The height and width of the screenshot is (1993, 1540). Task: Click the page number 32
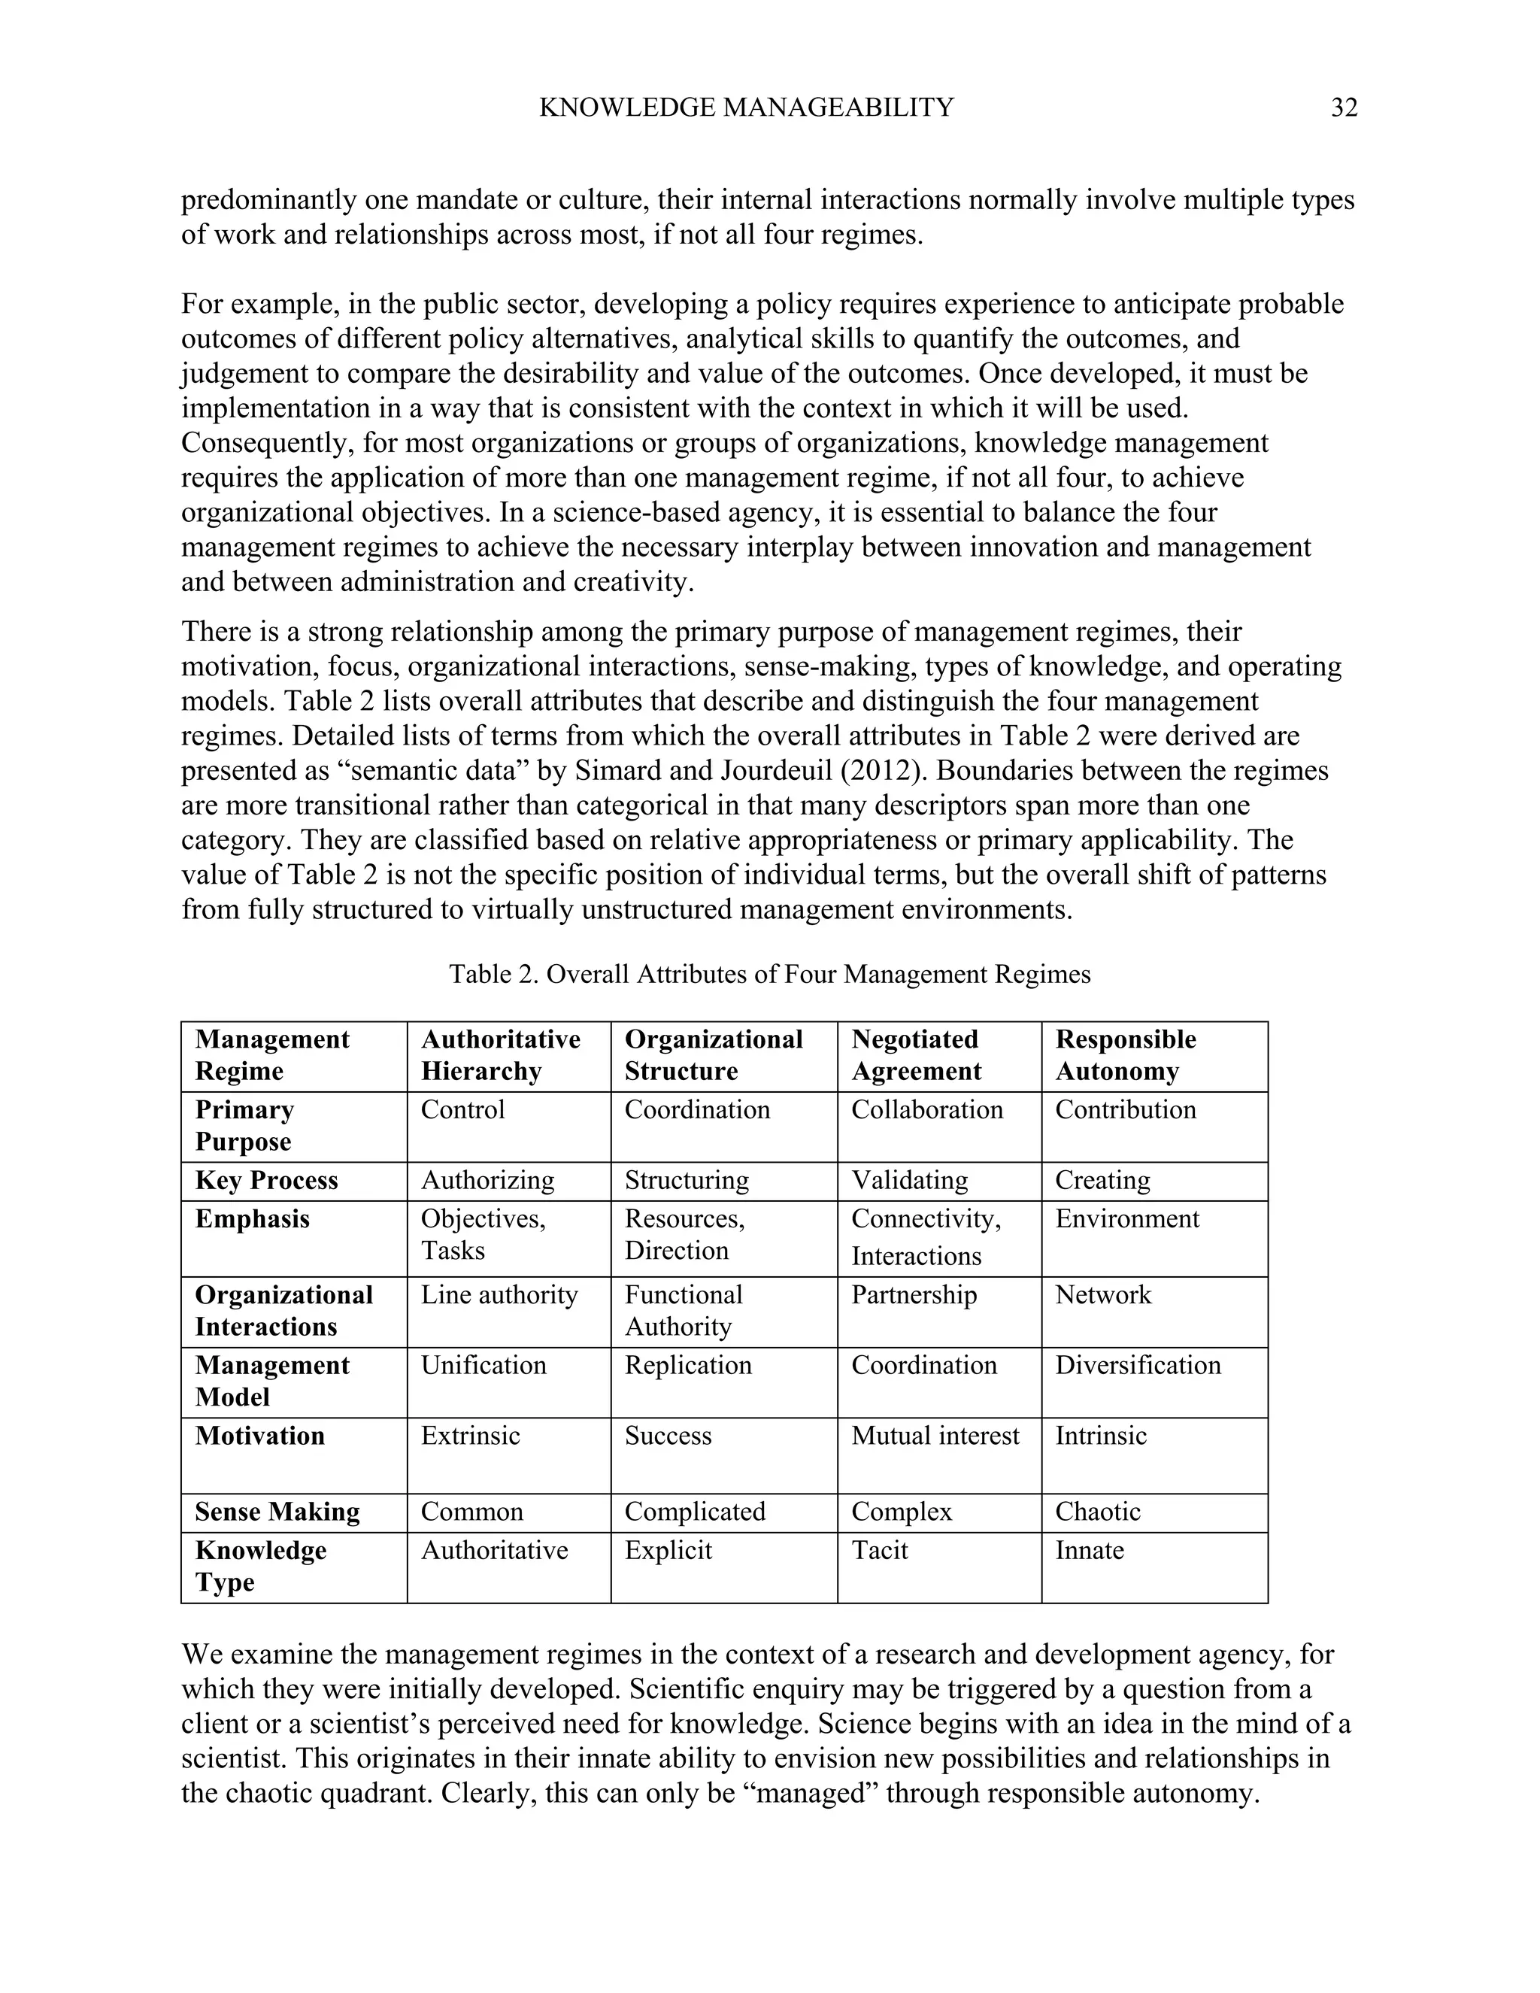(1344, 108)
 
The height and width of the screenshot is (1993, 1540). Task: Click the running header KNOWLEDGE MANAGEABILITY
(746, 108)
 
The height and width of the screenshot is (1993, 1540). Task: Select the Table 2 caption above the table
(769, 974)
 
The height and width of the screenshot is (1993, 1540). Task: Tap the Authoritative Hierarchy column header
(500, 1055)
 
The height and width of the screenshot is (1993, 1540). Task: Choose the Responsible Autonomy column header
(1125, 1055)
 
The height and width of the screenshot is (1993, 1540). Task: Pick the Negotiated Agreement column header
(916, 1055)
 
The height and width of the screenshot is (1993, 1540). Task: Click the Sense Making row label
(277, 1512)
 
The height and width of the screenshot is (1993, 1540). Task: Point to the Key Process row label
(266, 1181)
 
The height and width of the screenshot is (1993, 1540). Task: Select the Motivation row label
(260, 1436)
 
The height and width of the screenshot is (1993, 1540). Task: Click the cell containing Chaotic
(1098, 1512)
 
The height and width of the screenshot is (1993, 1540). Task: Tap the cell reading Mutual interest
(935, 1436)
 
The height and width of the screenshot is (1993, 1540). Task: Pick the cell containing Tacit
(880, 1551)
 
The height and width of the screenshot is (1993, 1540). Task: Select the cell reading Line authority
(499, 1295)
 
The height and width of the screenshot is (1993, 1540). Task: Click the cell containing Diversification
(1138, 1365)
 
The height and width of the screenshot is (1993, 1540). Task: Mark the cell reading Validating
(910, 1181)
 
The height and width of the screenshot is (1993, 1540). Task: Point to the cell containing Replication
(688, 1365)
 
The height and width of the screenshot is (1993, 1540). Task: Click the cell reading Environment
(1126, 1219)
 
